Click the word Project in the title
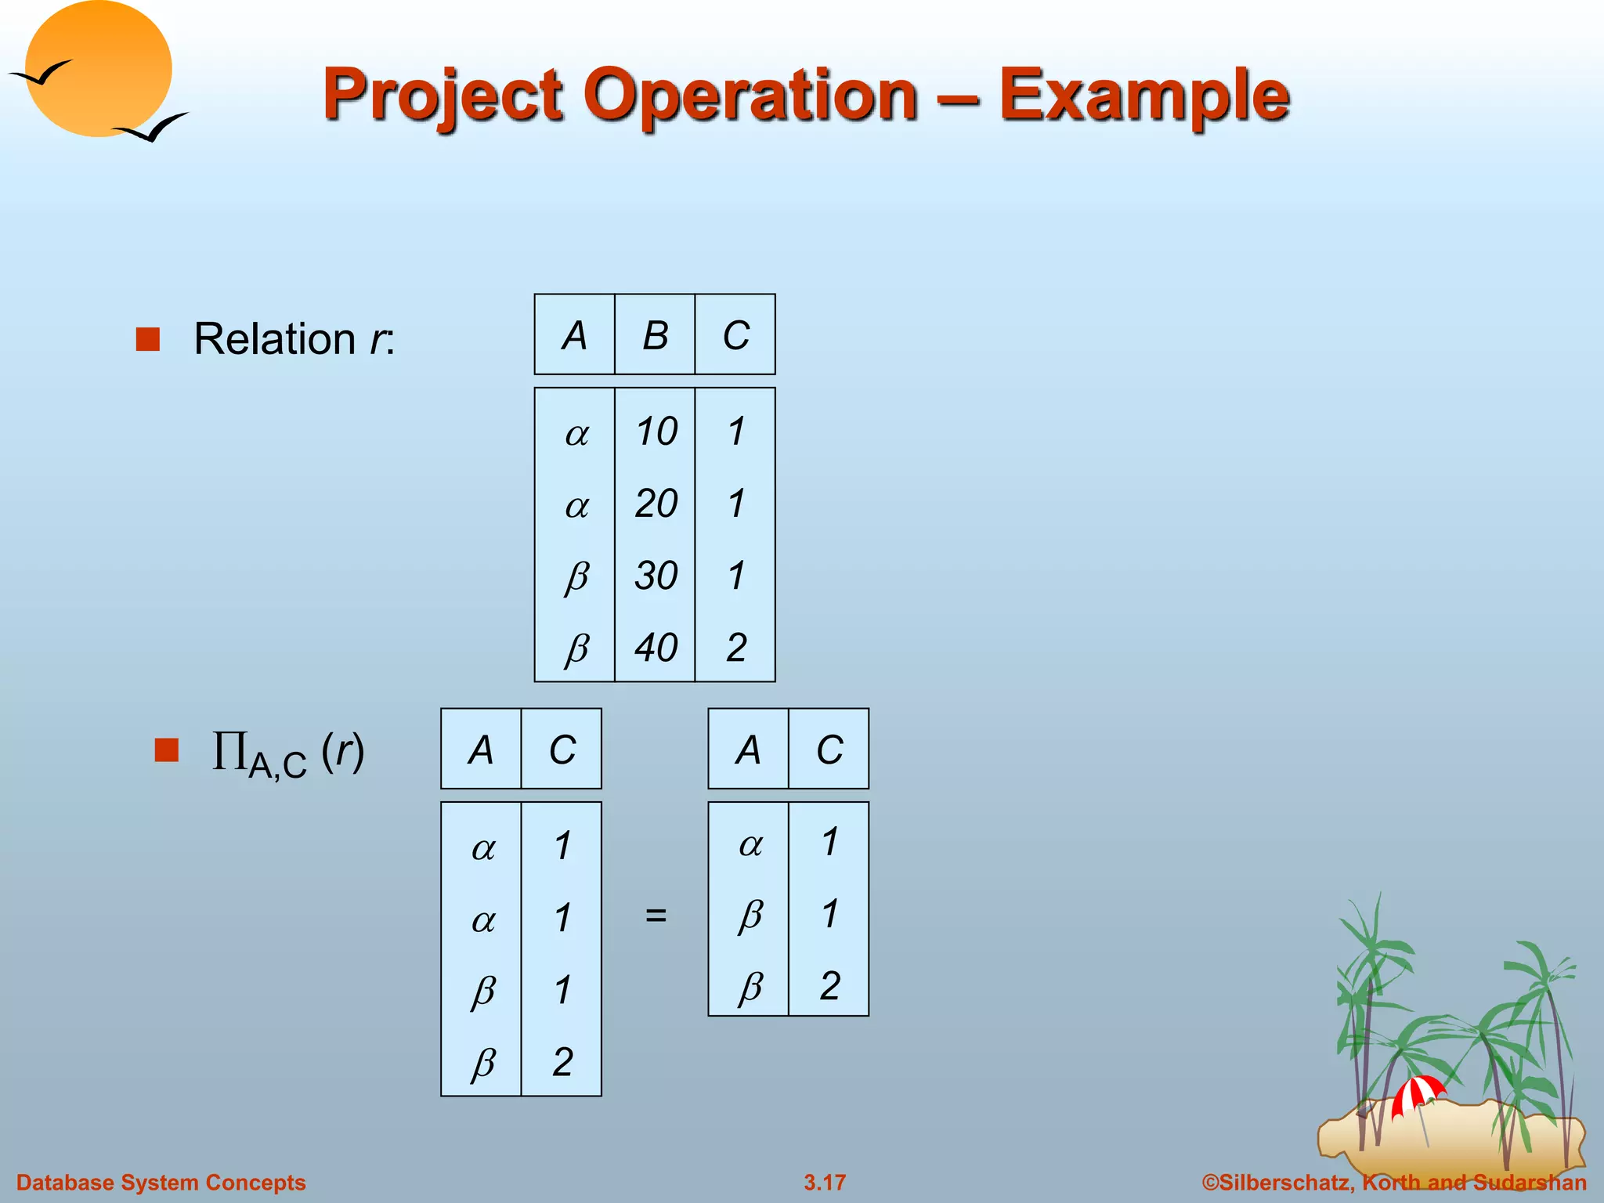coord(443,96)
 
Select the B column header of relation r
coord(656,336)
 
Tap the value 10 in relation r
coord(656,432)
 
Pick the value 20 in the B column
coord(656,504)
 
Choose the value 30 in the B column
coord(656,576)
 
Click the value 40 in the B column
coord(656,648)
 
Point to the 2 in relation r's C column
coord(736,648)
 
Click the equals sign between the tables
coord(656,914)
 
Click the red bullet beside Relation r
coord(148,339)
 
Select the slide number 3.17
coord(825,1182)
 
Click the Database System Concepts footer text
coord(161,1182)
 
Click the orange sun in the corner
coord(98,69)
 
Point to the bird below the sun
coord(153,127)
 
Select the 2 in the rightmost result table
coord(830,985)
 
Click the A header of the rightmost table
coord(749,750)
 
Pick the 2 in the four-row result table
coord(562,1062)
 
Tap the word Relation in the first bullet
coord(274,339)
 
